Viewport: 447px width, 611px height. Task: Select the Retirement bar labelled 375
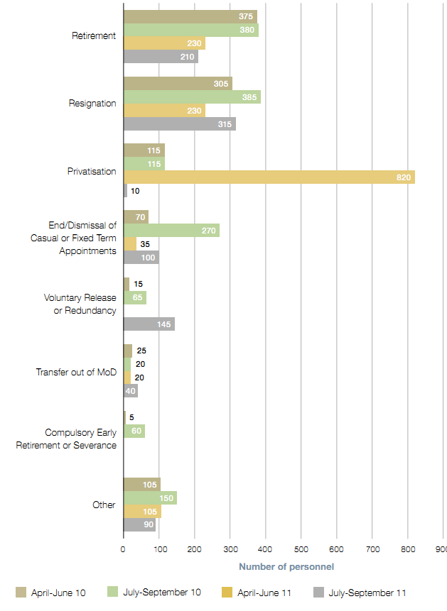coord(190,16)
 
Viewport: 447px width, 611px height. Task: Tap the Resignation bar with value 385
coord(192,97)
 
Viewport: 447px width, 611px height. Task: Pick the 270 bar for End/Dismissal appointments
coord(171,230)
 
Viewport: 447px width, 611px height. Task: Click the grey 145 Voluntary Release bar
coord(149,324)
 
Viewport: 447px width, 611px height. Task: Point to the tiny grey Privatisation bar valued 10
coord(125,190)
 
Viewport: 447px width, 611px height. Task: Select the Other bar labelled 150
coord(150,498)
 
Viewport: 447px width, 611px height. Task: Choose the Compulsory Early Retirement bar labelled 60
coord(134,431)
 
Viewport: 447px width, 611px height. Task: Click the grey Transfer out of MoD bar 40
coord(131,391)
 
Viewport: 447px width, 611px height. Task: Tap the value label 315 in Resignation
coord(224,124)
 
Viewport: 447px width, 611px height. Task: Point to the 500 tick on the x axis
coord(301,549)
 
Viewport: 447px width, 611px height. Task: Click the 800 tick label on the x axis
coord(407,549)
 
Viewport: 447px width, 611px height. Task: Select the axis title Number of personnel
coord(286,566)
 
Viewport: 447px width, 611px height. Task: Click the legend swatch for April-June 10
coord(20,593)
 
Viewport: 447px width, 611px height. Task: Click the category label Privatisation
coord(92,170)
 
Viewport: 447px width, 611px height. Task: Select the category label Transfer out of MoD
coord(76,371)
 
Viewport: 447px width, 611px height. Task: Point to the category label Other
coord(104,505)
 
